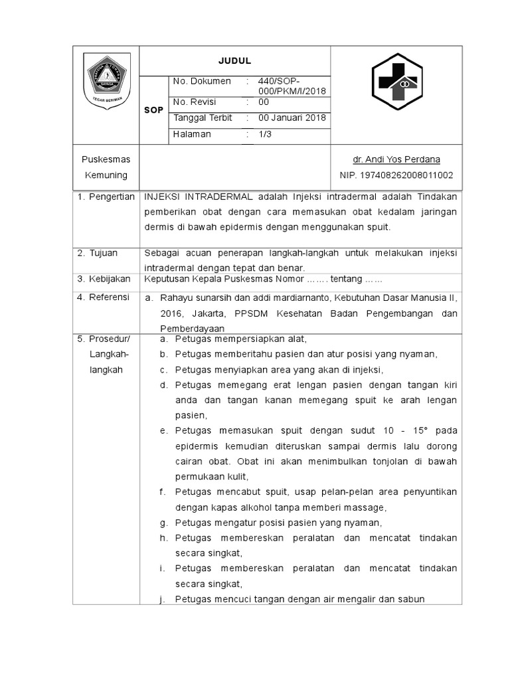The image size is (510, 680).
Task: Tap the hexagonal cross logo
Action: click(396, 82)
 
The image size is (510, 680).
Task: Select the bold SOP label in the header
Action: click(153, 110)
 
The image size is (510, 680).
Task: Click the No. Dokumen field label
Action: click(201, 81)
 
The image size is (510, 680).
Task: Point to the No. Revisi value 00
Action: click(264, 102)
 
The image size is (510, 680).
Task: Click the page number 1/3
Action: click(265, 134)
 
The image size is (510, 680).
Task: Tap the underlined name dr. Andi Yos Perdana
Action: click(396, 159)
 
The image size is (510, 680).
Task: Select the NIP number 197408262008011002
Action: click(396, 175)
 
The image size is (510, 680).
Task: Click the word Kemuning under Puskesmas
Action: click(106, 175)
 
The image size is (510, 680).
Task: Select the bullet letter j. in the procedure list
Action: click(162, 599)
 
